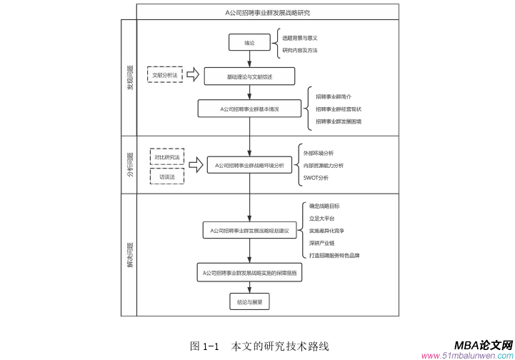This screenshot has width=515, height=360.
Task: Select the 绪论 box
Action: [249, 43]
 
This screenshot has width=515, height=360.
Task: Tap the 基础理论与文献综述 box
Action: [249, 76]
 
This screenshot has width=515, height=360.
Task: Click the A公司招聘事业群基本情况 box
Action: [249, 109]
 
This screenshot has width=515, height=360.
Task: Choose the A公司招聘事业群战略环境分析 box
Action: [249, 165]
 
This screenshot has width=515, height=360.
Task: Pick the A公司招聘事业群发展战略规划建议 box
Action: [249, 231]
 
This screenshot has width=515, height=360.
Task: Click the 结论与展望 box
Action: [249, 302]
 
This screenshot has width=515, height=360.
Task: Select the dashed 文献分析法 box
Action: [166, 74]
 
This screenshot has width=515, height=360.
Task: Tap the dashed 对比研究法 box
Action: [167, 156]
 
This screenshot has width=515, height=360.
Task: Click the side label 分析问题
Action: [129, 164]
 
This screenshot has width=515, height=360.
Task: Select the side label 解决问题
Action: [129, 254]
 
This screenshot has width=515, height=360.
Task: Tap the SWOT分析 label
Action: [316, 178]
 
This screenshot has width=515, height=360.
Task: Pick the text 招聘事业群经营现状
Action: [339, 109]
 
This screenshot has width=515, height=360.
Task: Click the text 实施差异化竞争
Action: [326, 231]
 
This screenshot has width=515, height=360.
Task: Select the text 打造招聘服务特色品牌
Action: [334, 255]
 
